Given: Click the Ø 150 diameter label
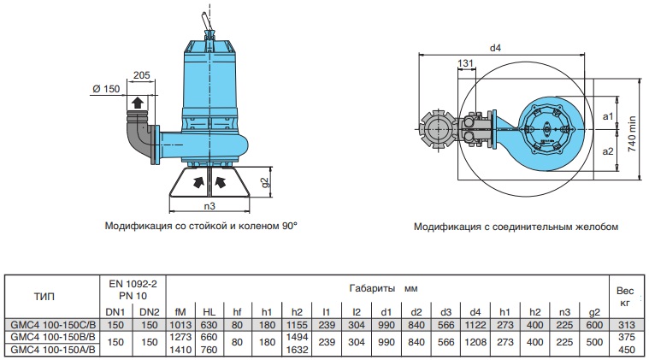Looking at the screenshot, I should pos(105,88).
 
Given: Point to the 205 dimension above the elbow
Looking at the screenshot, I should pos(143,75).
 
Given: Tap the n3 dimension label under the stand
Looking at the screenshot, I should pos(209,206).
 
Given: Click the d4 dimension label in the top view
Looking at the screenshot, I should pos(495,48).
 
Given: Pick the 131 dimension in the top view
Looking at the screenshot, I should pos(466,64).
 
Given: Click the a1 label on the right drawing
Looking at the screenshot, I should pos(608,115).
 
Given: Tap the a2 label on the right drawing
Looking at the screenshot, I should pos(608,150).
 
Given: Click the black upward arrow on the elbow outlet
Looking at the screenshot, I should pos(135,104).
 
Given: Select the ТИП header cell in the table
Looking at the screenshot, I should pos(46,298).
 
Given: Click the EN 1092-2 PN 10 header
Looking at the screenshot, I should pos(134,287).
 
